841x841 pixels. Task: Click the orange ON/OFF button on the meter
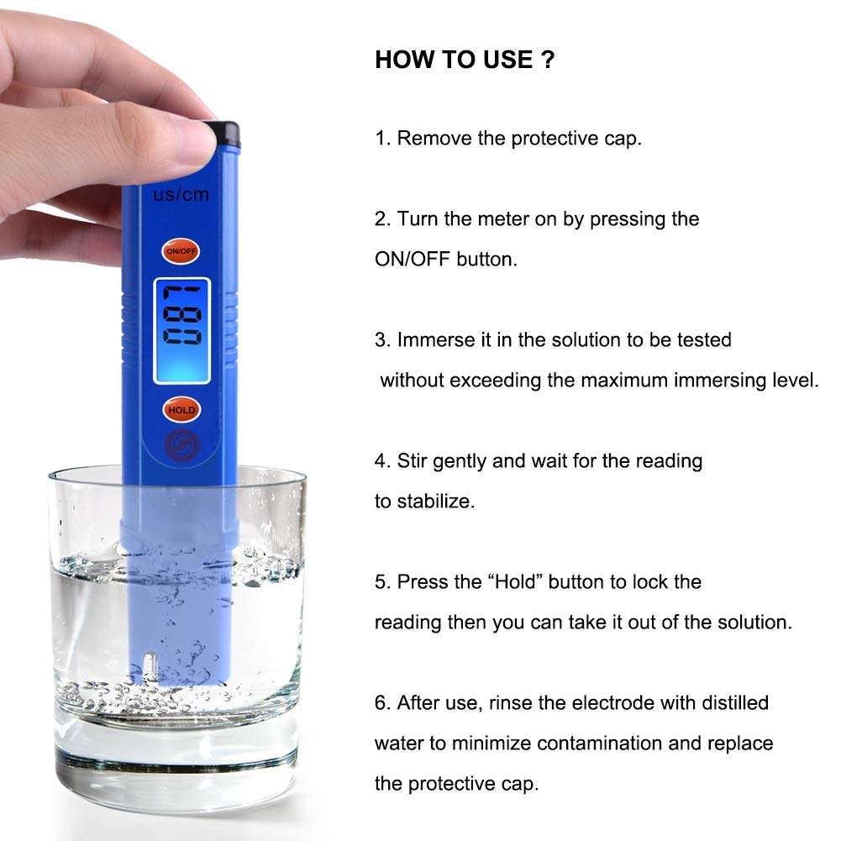[181, 251]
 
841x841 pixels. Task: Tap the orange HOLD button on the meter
[181, 410]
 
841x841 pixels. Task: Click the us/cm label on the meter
[181, 194]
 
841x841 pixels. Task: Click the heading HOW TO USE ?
[465, 60]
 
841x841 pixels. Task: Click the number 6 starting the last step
[381, 703]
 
